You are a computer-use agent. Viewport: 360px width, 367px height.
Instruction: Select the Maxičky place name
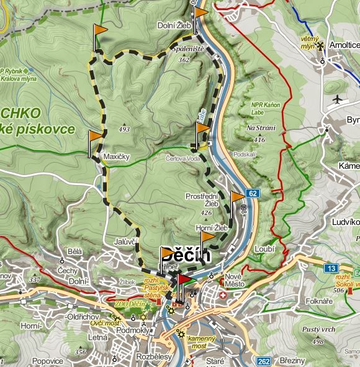pos(116,156)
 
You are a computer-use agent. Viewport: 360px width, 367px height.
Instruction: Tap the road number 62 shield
pos(251,193)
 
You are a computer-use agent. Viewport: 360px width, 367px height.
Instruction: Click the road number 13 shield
pos(330,268)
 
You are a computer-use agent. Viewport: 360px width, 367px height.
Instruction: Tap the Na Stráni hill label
pos(259,128)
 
